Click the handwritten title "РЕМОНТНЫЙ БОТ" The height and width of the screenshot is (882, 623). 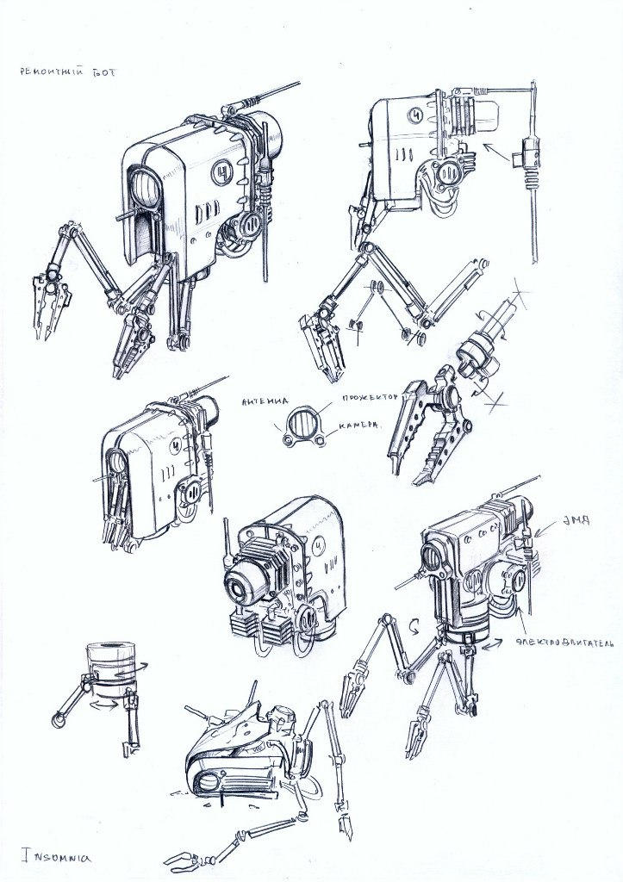click(x=65, y=74)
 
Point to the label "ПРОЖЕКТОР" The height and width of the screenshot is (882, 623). click(x=368, y=398)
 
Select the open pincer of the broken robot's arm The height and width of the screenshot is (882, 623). click(x=188, y=859)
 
